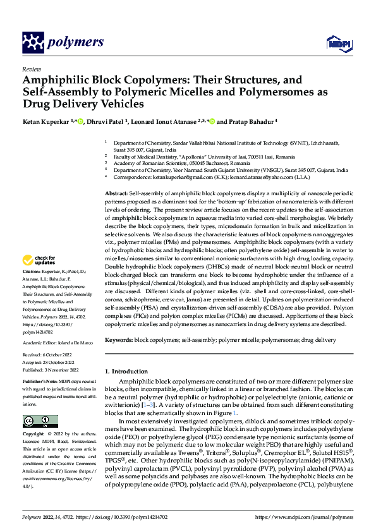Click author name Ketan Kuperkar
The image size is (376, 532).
pyautogui.click(x=45, y=121)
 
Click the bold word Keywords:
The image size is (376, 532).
pyautogui.click(x=119, y=340)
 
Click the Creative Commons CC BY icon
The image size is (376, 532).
pyautogui.click(x=37, y=421)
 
